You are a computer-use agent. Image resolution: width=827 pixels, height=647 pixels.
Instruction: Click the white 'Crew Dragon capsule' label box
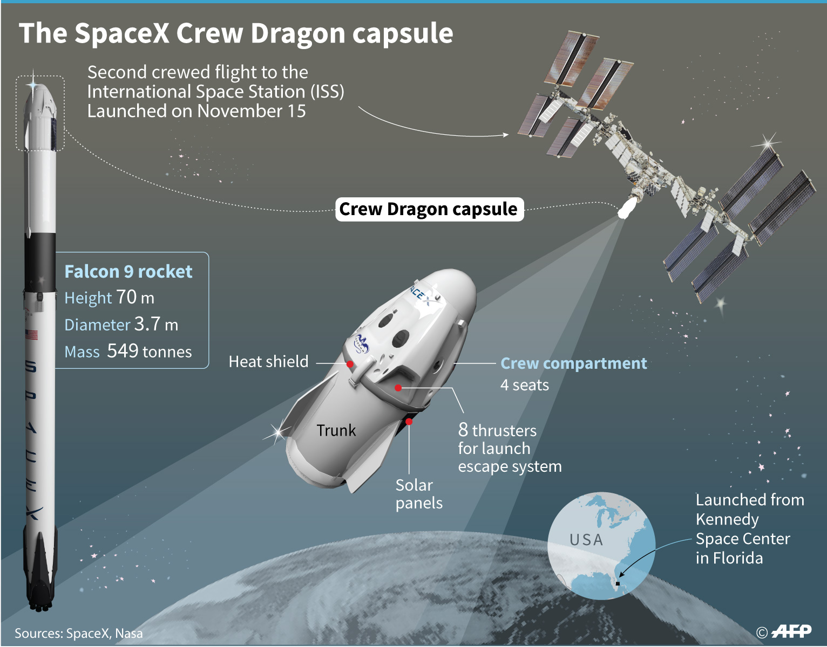(429, 209)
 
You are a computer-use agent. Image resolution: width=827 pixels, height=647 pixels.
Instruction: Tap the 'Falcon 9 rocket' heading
(128, 271)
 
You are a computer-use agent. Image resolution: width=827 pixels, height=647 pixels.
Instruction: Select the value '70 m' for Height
(135, 297)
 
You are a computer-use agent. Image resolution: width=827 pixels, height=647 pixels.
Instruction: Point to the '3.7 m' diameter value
(156, 324)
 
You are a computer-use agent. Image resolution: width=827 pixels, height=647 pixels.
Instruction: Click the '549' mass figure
(123, 351)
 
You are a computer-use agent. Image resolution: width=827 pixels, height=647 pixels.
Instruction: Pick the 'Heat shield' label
(268, 361)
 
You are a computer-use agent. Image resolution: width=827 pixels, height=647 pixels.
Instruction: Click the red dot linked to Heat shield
(350, 364)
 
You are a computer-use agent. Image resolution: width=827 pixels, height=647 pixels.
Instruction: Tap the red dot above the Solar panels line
(409, 422)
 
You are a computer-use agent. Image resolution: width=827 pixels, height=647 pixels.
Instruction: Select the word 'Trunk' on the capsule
(336, 430)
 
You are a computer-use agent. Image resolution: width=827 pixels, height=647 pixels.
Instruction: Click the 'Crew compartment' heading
(573, 363)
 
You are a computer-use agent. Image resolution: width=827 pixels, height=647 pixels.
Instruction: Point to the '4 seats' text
(524, 385)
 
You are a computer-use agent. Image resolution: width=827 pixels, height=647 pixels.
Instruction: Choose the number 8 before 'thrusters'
(463, 430)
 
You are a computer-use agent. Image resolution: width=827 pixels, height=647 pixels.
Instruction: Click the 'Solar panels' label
(419, 494)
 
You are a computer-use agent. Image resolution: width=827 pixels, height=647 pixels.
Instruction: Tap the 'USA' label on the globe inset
(586, 540)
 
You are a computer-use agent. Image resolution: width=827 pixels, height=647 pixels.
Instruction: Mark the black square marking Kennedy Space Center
(618, 583)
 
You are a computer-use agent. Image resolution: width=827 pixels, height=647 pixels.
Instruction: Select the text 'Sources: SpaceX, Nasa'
(79, 634)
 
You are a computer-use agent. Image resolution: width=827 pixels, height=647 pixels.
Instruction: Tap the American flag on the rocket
(32, 335)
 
